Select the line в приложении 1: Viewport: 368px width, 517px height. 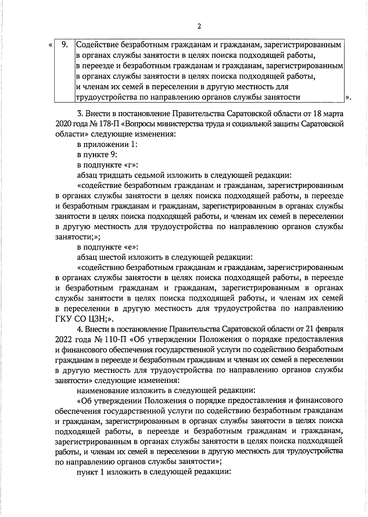tap(107, 144)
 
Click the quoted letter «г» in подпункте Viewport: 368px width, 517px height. tap(130, 165)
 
